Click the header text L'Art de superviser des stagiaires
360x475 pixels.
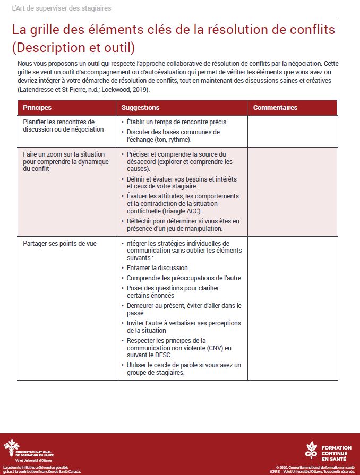62,9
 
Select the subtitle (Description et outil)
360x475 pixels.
73,48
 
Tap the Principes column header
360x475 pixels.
37,108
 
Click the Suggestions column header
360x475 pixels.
140,108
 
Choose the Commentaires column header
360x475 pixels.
275,108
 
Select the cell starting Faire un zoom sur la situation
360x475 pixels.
65,161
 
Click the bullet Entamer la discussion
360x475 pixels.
157,268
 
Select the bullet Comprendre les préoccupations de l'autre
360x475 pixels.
184,278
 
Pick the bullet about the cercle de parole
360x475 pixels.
184,369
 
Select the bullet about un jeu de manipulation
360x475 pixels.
183,225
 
